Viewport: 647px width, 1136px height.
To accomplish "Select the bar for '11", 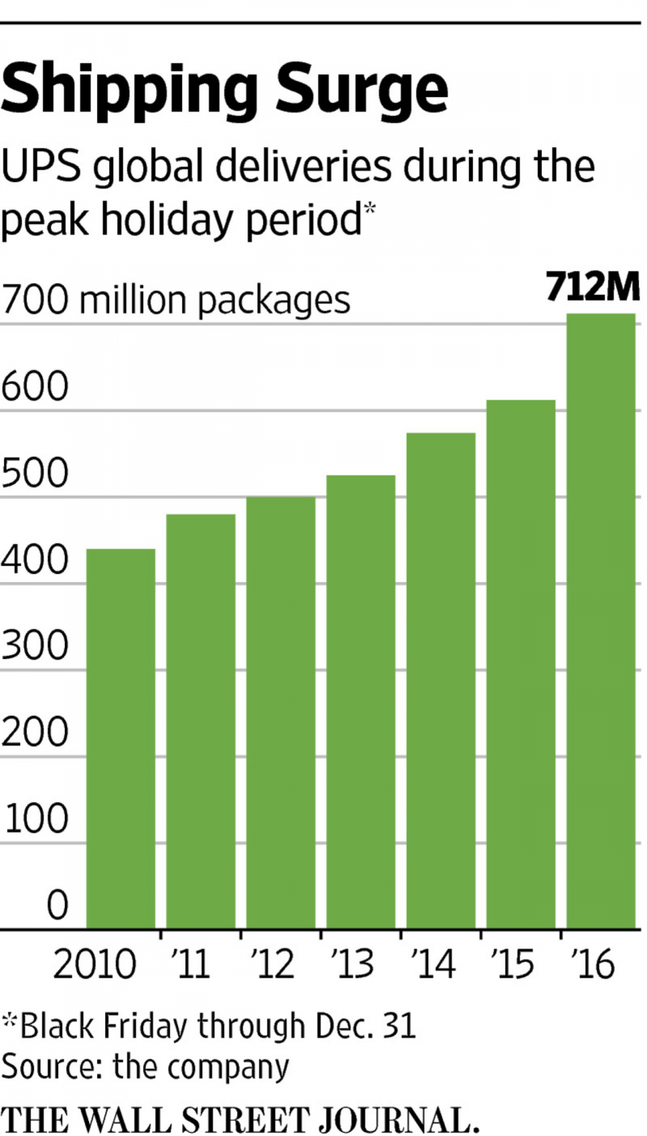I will [x=201, y=721].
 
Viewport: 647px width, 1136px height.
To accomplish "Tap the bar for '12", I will [x=281, y=712].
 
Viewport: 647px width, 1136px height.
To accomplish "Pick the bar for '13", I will [x=361, y=702].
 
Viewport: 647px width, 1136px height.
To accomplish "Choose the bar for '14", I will [x=441, y=681].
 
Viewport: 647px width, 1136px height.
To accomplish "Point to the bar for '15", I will [x=521, y=664].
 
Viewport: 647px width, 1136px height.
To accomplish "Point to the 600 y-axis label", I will [x=33, y=387].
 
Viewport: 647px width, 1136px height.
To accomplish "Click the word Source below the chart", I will [x=49, y=1066].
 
